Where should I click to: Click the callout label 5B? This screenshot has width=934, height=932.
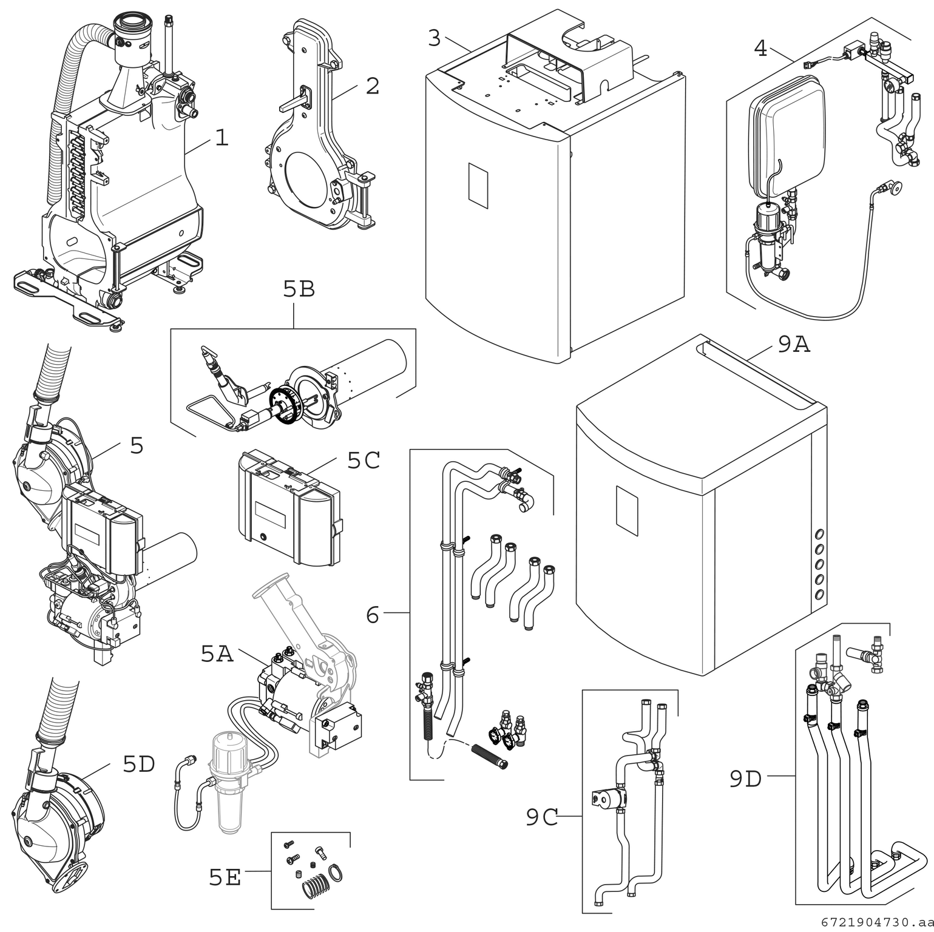[x=299, y=290]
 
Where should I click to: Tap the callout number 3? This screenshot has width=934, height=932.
[x=434, y=38]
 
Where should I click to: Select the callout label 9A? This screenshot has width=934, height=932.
[x=794, y=345]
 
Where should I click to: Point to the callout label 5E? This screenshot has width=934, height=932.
[x=225, y=877]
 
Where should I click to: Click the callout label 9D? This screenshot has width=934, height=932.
[x=745, y=779]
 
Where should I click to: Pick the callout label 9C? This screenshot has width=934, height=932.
[x=542, y=818]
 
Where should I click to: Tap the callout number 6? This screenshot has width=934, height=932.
[x=373, y=615]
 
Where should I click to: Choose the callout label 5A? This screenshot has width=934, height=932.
[x=217, y=654]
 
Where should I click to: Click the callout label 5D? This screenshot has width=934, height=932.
[x=139, y=764]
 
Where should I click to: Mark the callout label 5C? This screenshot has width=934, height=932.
[x=364, y=461]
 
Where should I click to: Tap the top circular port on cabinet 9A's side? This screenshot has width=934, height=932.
[x=820, y=535]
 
